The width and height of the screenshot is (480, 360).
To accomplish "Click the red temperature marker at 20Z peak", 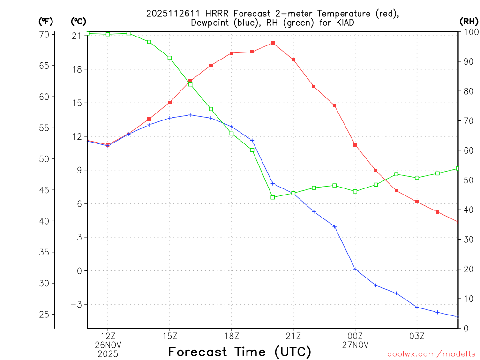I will point(273,43).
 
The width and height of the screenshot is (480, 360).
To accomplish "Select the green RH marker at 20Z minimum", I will point(273,197).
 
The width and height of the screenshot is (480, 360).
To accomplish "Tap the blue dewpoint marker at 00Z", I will point(355,269).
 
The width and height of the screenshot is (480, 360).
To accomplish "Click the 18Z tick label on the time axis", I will point(232,336).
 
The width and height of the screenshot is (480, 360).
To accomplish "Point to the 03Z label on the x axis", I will point(417,336).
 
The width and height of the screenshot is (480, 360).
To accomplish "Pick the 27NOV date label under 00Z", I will point(355,345).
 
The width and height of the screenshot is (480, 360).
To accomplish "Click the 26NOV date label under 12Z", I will point(108,345).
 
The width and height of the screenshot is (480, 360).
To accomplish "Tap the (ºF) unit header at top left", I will point(45,21).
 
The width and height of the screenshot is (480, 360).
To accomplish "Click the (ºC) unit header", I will point(78,21).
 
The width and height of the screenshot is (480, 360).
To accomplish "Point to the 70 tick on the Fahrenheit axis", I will point(45,35).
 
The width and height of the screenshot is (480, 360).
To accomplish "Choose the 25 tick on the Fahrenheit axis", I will point(45,314).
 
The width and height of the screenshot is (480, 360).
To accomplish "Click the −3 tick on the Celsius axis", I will point(75,305).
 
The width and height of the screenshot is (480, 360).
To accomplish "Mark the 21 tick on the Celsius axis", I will point(77,36).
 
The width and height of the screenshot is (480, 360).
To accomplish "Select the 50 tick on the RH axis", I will point(468,180).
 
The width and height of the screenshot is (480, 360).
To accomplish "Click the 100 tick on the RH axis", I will point(470,32).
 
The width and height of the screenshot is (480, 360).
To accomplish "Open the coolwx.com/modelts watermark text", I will point(431,354).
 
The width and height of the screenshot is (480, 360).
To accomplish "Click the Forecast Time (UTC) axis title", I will point(240,352).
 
